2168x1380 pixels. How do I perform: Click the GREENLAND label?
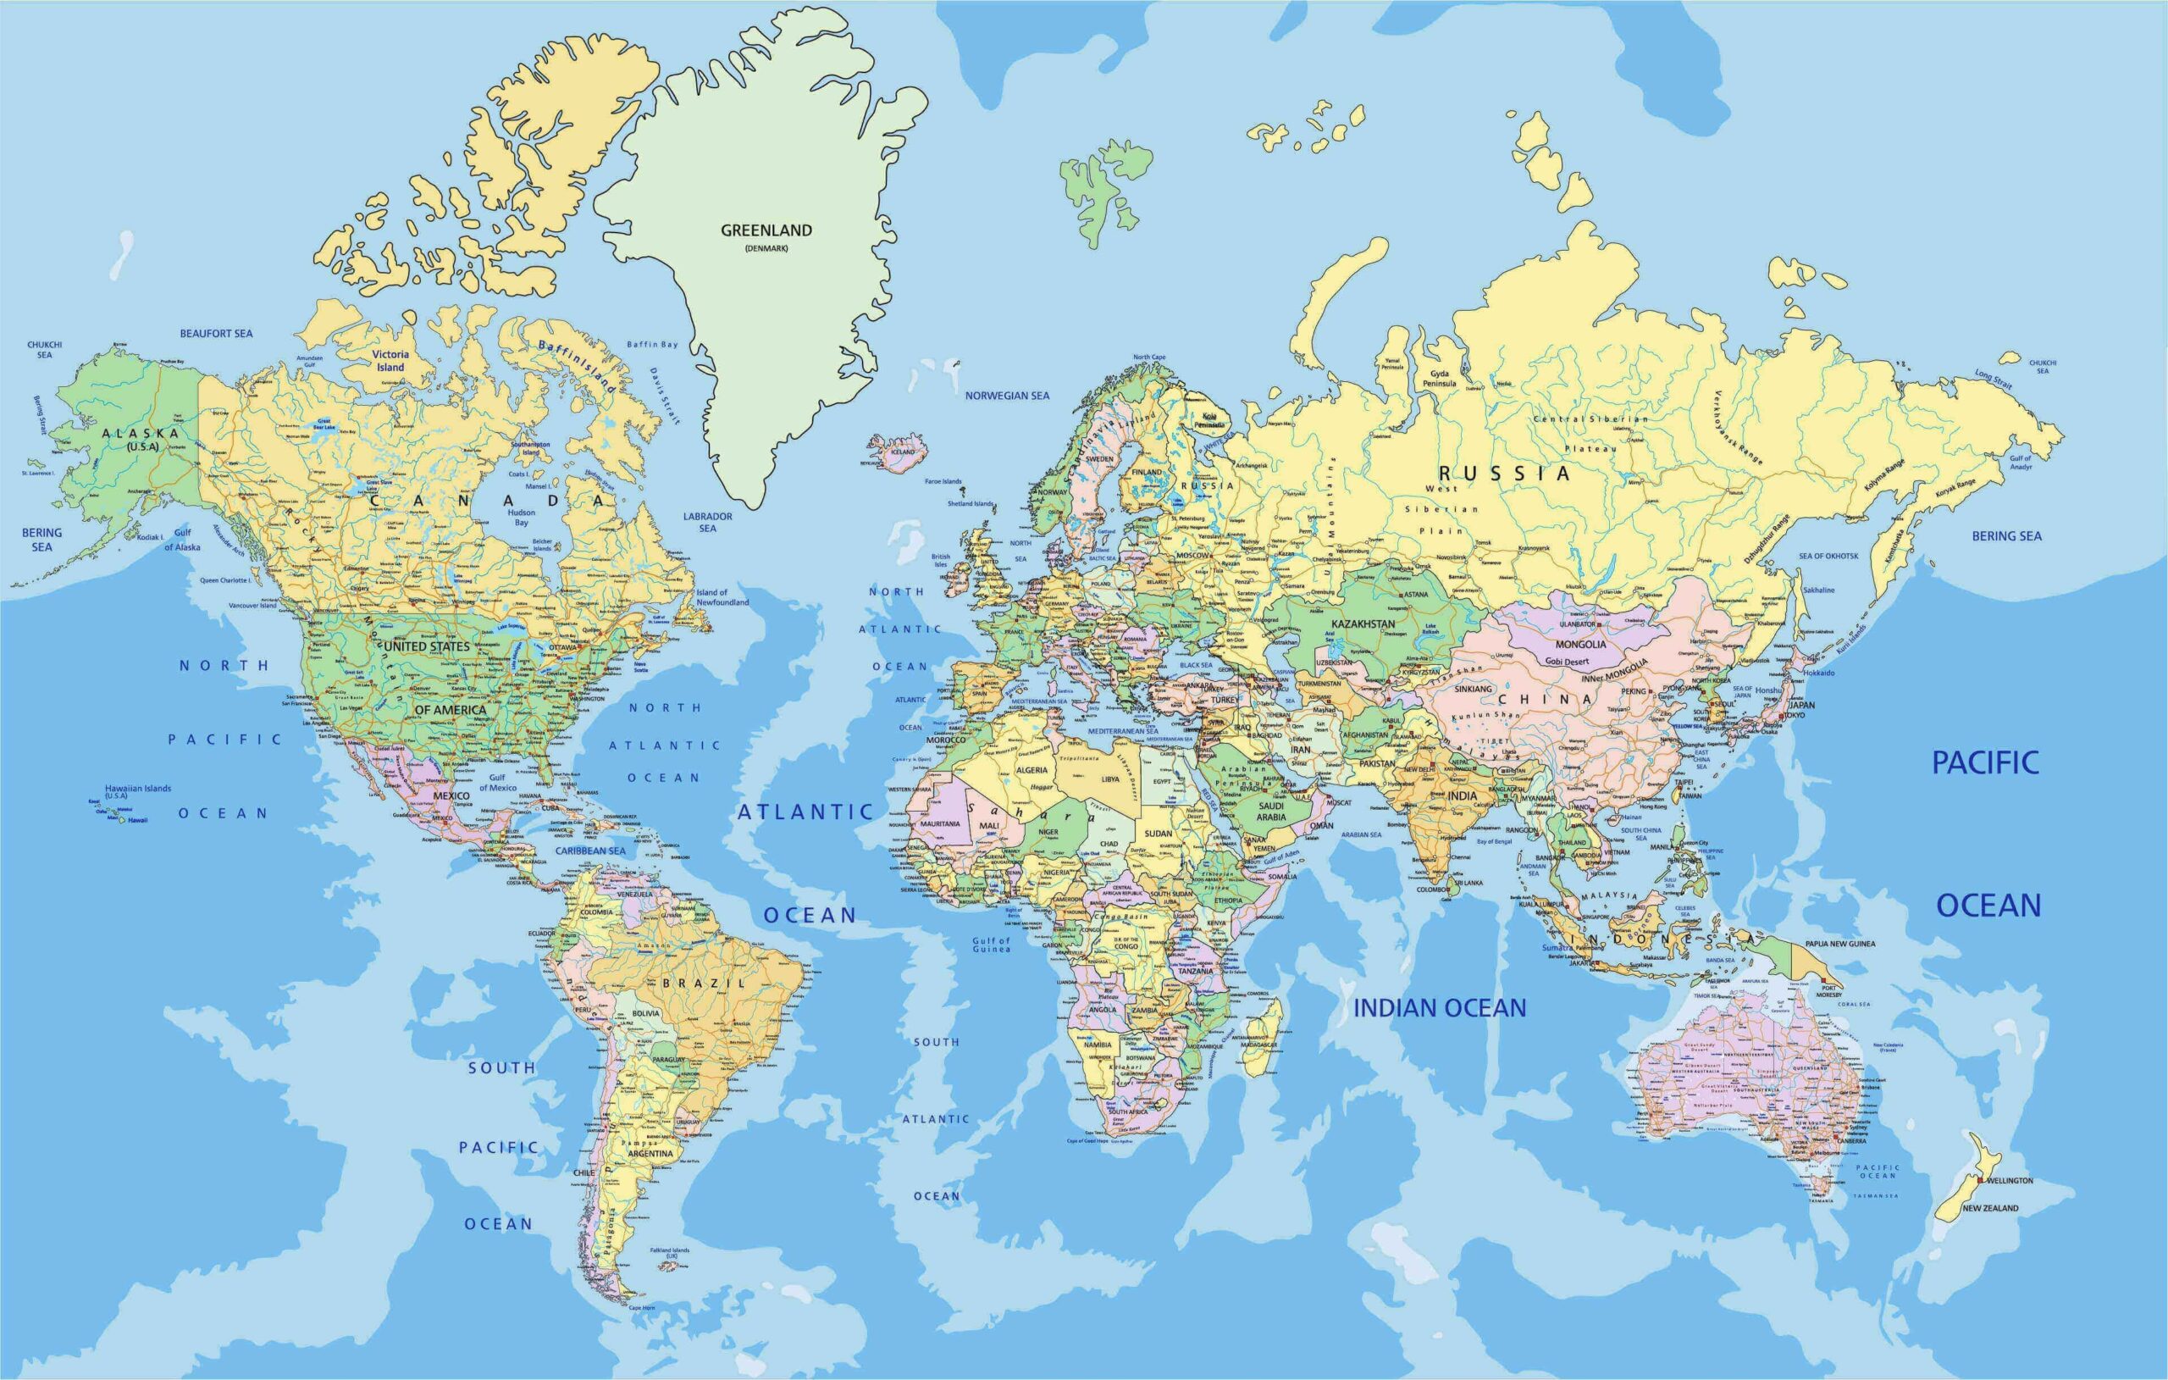[x=766, y=230]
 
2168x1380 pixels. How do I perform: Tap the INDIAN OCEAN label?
[x=1440, y=1008]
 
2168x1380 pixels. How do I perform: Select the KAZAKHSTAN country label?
[x=1363, y=623]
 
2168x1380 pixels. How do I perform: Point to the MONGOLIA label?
[x=1580, y=644]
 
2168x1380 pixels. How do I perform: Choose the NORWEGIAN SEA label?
[x=1007, y=396]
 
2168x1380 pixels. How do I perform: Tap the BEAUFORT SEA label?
[x=216, y=333]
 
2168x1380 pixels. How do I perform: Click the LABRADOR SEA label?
[x=708, y=523]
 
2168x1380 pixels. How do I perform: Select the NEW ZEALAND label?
[x=1991, y=1208]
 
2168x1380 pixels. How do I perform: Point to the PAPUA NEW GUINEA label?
[x=1839, y=943]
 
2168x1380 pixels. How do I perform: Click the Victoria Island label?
[x=390, y=360]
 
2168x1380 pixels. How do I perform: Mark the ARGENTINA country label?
[x=650, y=1153]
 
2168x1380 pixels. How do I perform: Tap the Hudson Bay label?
[x=522, y=517]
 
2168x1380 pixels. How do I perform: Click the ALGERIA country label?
[x=1031, y=770]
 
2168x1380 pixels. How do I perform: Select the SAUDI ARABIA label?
[x=1271, y=812]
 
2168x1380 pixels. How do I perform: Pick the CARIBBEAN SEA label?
[x=589, y=851]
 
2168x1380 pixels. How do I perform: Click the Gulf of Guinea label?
[x=990, y=944]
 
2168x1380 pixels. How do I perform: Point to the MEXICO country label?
[x=451, y=795]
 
